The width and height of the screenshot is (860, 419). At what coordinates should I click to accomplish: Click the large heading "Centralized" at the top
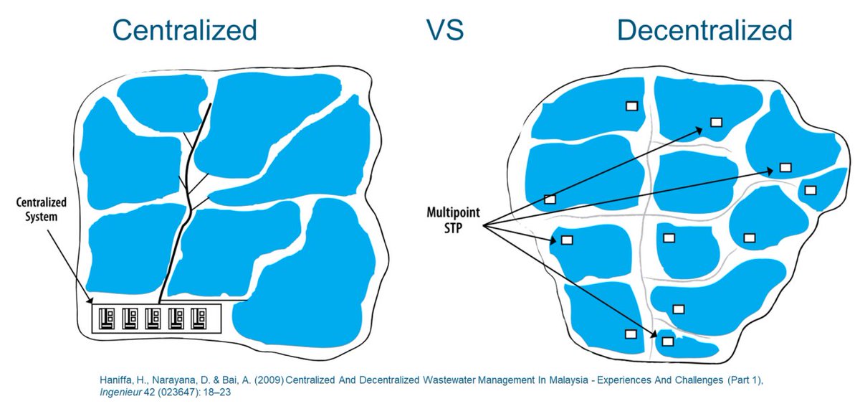(x=184, y=30)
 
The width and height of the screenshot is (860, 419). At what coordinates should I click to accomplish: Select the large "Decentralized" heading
(x=704, y=30)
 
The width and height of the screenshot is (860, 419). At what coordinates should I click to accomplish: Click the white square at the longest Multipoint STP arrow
(x=785, y=168)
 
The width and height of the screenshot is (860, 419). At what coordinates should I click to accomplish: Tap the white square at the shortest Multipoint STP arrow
(x=566, y=240)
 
